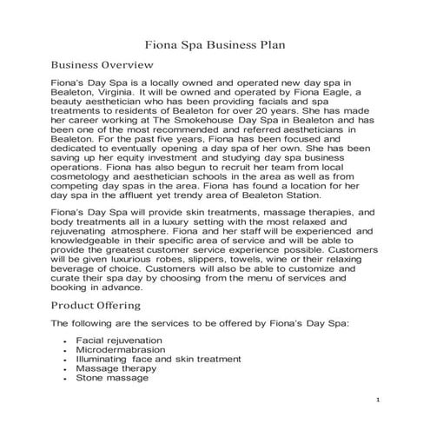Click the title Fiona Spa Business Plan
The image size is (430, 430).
[215, 40]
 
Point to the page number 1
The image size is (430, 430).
[379, 398]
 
